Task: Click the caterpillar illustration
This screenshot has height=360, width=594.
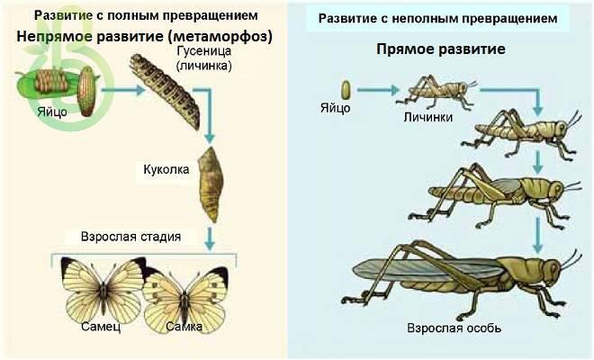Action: click(x=166, y=91)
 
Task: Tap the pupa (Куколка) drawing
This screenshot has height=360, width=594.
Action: click(x=211, y=184)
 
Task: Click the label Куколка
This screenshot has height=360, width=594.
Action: click(x=166, y=169)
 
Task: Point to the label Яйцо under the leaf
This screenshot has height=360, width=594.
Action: click(x=52, y=112)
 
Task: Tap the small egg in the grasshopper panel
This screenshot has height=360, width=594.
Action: click(x=346, y=90)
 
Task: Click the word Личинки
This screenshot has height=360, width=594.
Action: click(x=428, y=117)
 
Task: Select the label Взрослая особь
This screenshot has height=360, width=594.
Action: click(x=454, y=328)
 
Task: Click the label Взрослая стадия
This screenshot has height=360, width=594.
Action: click(x=130, y=237)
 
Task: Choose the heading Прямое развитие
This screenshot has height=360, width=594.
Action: click(x=441, y=49)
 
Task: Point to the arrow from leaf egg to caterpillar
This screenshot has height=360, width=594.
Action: click(x=123, y=90)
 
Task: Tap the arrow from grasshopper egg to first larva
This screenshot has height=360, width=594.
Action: click(x=379, y=90)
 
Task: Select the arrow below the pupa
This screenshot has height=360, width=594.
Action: click(x=209, y=238)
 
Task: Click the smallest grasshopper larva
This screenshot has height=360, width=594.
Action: click(x=436, y=91)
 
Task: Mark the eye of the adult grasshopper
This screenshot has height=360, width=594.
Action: click(x=553, y=268)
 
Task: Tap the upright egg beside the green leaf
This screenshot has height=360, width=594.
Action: click(x=87, y=91)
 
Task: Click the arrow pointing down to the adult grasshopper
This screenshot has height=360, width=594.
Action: click(x=538, y=235)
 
